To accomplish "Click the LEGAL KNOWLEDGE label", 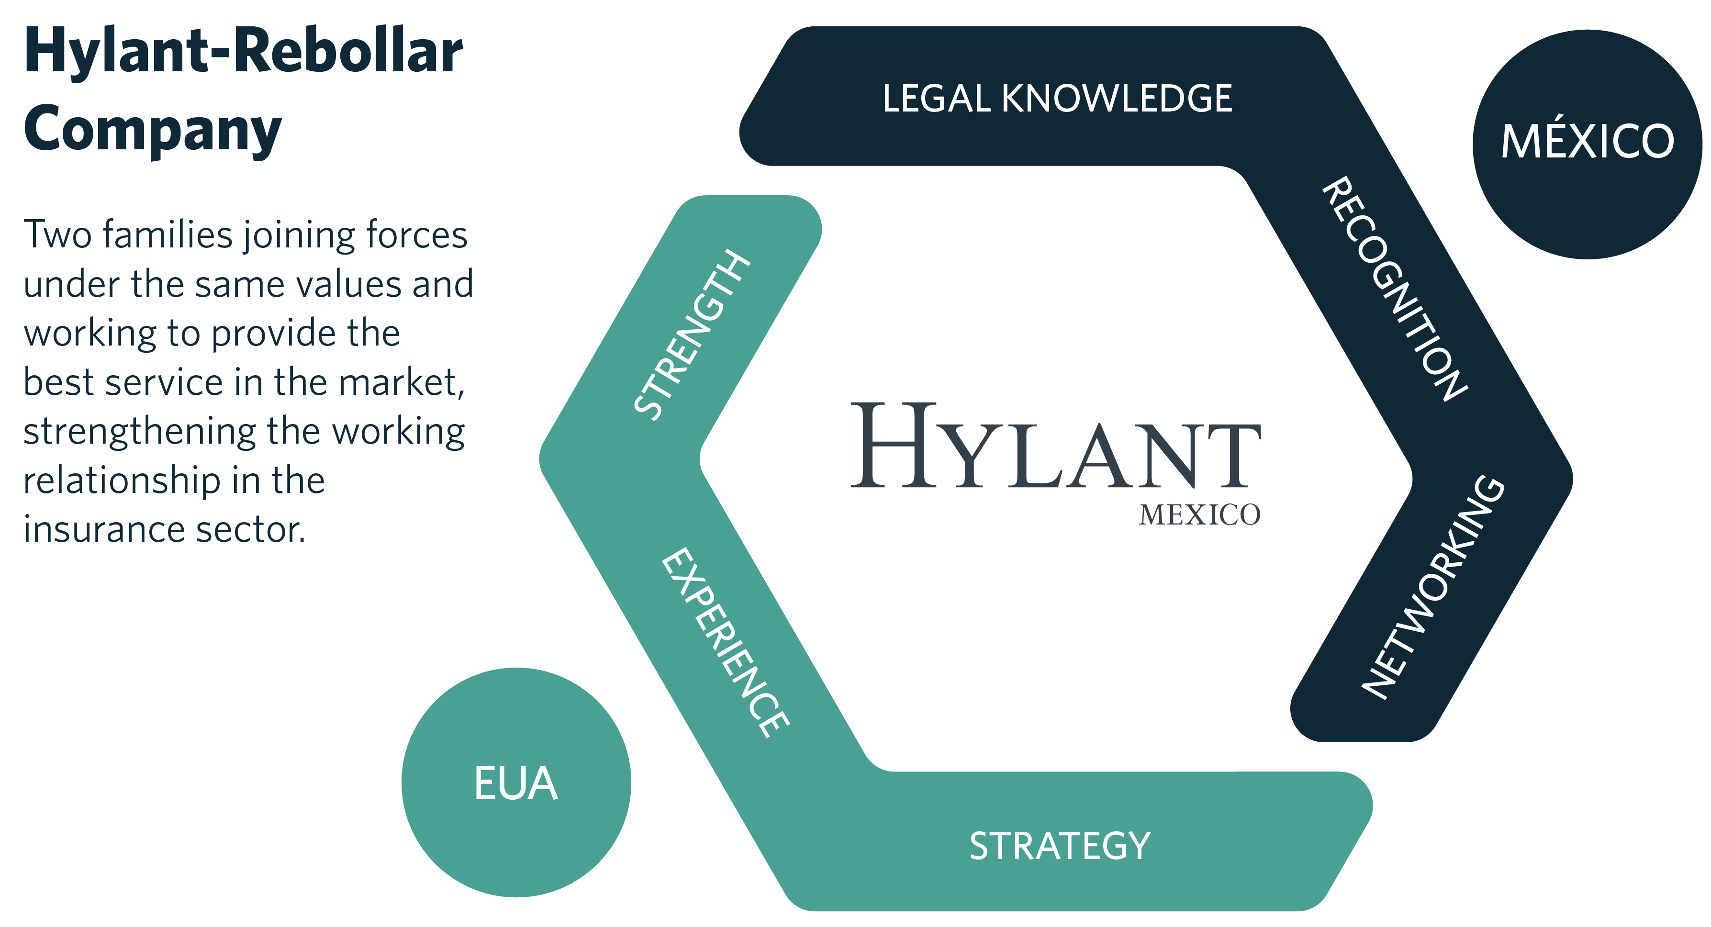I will click(x=1056, y=98).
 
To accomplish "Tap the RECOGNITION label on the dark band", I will click(x=1394, y=289).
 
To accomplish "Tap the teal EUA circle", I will click(x=515, y=783).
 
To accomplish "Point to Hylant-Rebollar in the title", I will click(x=243, y=52).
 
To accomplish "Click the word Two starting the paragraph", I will click(x=57, y=235).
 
